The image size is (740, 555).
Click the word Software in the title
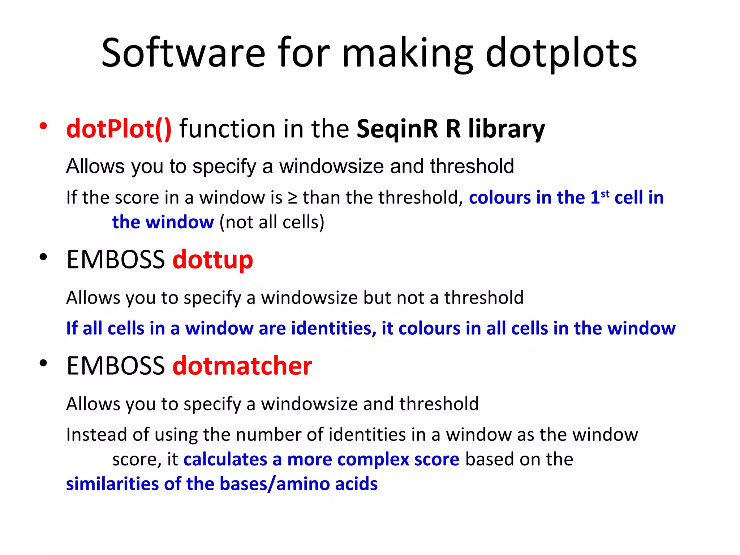tap(184, 53)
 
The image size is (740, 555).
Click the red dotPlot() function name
tap(119, 129)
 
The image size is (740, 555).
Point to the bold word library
tap(507, 129)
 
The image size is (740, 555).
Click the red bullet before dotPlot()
tap(43, 126)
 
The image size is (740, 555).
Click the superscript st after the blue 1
tap(605, 194)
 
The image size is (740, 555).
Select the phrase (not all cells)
tap(272, 222)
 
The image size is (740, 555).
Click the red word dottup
tap(213, 260)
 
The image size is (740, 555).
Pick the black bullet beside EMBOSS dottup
tap(43, 257)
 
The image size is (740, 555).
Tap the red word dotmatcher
tap(242, 366)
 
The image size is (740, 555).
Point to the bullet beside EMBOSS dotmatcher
tap(43, 363)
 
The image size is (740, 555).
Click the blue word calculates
tap(225, 460)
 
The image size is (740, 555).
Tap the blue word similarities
tap(112, 484)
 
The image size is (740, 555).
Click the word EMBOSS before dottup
tap(116, 260)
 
